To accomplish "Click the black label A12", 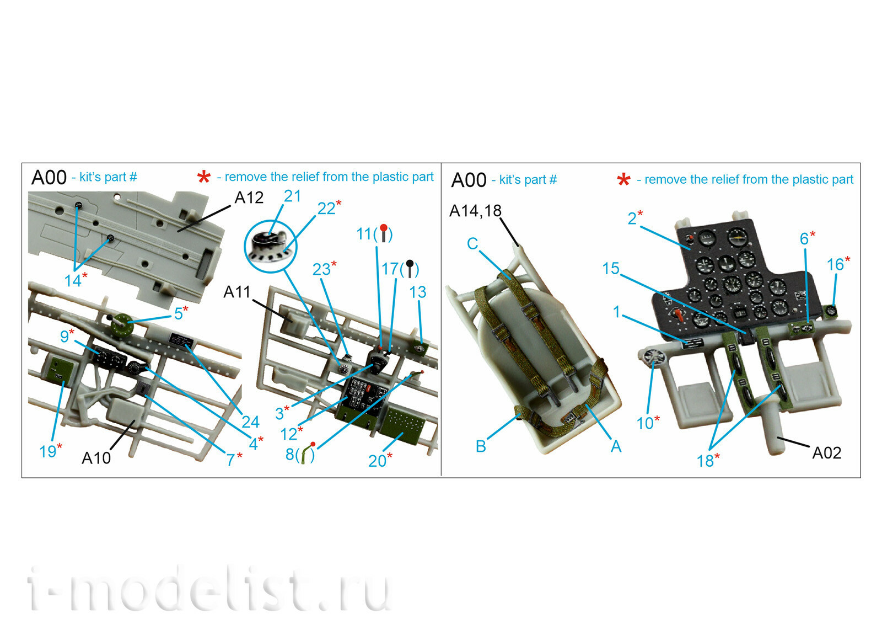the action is pos(249,198).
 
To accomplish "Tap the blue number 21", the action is pos(292,196).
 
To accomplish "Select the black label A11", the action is pos(237,292).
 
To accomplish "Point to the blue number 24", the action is pos(250,422).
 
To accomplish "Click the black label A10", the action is pos(96,458).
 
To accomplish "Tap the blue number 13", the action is pos(417,292).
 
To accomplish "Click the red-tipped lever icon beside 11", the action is pos(384,233).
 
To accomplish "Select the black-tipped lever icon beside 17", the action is pos(410,269).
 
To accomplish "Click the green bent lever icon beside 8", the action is pos(304,454).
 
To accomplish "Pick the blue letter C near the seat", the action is pos(472,243).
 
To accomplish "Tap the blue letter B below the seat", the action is pos(481,446).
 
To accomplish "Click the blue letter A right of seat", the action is pos(616,446).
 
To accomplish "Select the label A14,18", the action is pos(475,211).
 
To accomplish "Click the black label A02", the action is pos(827,453).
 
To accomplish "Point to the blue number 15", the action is pos(611,269).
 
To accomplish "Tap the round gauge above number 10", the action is pos(654,357).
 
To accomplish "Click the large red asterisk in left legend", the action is pos(204,177).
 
